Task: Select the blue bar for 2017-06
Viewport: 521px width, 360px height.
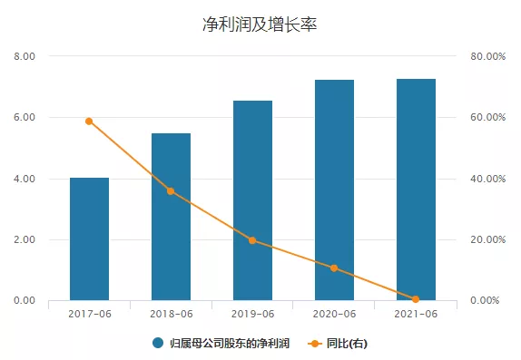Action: pos(89,239)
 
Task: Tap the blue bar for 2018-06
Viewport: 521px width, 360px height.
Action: pos(171,217)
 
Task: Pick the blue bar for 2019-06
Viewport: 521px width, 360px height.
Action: pos(252,200)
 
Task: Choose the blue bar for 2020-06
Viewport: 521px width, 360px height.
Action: pos(334,190)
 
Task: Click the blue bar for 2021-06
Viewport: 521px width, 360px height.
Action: pos(416,190)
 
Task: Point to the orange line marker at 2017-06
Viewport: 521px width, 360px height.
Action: pos(89,121)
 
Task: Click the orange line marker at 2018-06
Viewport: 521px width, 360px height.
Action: pos(171,191)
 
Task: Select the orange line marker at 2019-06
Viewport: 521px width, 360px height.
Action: pos(252,240)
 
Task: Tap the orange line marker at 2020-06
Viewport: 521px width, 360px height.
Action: pos(334,268)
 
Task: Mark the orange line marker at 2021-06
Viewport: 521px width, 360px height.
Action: pos(416,299)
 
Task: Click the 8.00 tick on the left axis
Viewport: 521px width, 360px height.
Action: pos(25,56)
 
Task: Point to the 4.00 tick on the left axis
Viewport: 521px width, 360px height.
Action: pos(25,179)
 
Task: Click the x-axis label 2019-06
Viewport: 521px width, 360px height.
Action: pos(252,314)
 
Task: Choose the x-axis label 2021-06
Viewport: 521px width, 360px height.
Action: pos(416,314)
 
